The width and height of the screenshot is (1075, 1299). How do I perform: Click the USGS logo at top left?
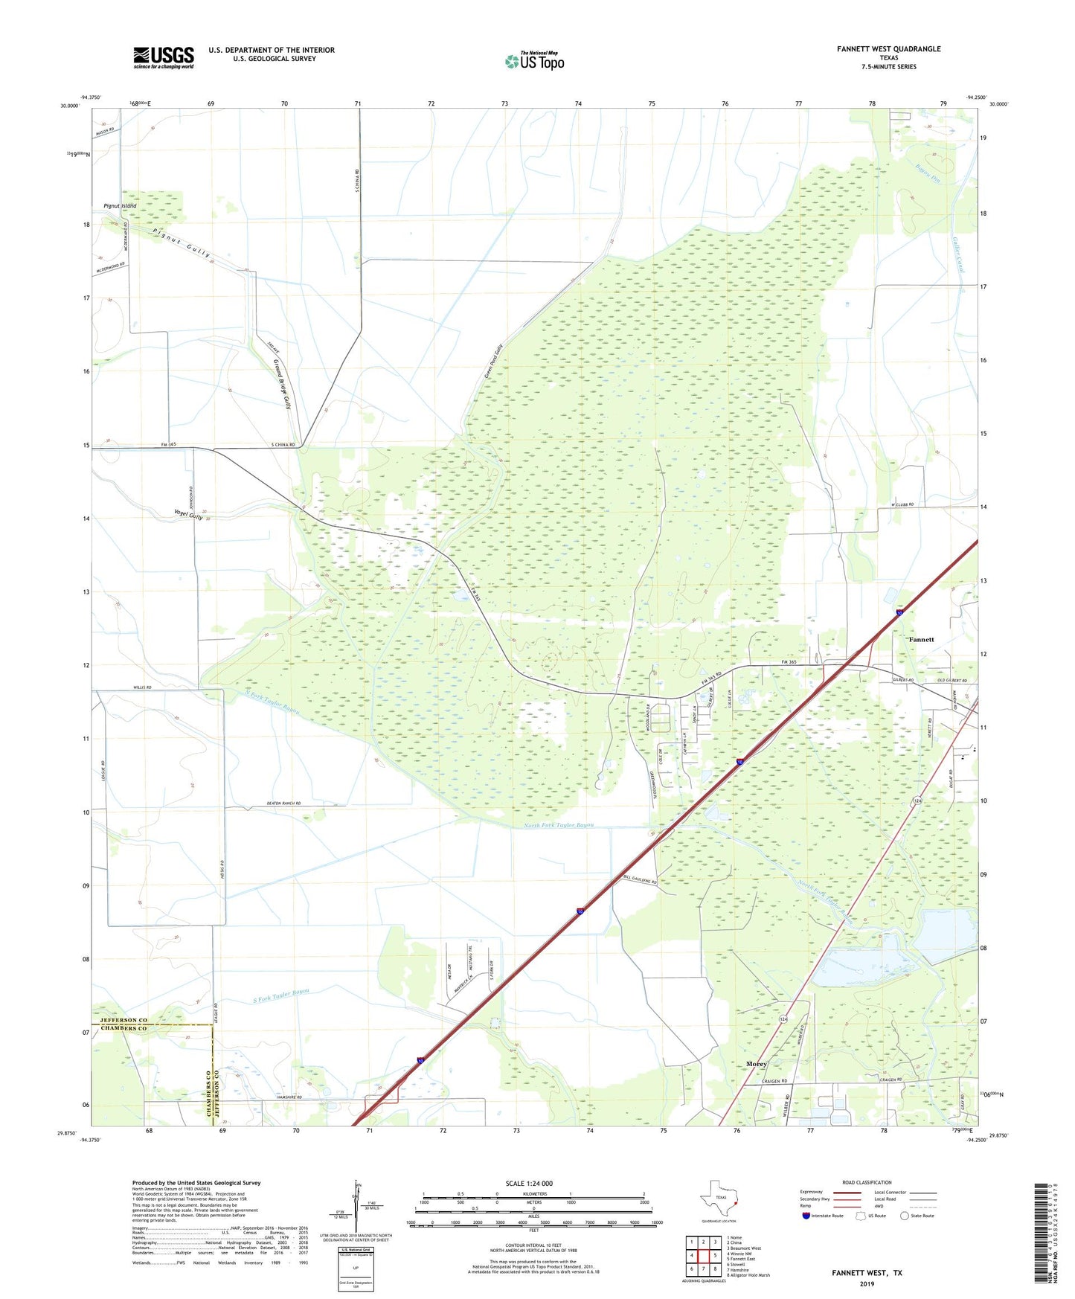(163, 57)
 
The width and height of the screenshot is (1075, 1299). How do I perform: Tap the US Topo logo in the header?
(534, 61)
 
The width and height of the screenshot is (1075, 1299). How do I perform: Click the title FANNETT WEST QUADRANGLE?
(888, 49)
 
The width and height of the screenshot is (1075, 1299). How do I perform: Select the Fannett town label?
(921, 639)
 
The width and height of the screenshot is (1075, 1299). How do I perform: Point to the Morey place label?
(756, 1064)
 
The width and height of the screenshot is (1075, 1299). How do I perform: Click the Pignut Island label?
(120, 205)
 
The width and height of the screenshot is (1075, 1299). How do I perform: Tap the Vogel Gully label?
(187, 514)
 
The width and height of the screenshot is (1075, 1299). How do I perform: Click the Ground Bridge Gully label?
(281, 384)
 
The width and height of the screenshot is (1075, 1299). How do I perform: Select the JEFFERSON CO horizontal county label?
(119, 1020)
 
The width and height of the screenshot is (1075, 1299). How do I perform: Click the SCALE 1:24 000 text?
(529, 1183)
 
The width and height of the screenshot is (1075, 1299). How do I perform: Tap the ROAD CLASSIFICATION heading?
(867, 1182)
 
